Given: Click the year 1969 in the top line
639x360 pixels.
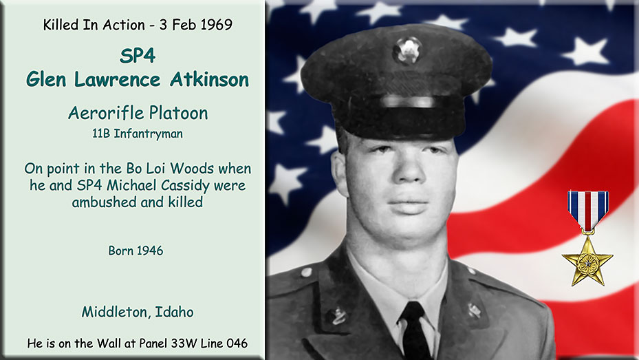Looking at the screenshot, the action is pyautogui.click(x=217, y=25).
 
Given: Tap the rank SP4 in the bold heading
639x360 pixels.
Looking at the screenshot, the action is pyautogui.click(x=138, y=56).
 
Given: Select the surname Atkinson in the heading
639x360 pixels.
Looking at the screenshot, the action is pyautogui.click(x=209, y=79).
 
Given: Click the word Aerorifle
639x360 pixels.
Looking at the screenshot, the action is pyautogui.click(x=106, y=113).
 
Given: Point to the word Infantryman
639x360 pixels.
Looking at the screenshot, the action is pyautogui.click(x=148, y=134).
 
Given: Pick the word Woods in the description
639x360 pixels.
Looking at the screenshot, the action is pyautogui.click(x=192, y=169).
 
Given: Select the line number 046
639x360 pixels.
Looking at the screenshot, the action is pyautogui.click(x=237, y=343).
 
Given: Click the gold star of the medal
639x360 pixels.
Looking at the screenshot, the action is pyautogui.click(x=587, y=262).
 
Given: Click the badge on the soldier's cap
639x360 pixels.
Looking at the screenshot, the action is pyautogui.click(x=407, y=50).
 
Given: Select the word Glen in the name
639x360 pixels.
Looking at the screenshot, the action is pyautogui.click(x=46, y=79).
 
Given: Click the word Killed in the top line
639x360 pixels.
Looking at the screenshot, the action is pyautogui.click(x=61, y=25).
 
